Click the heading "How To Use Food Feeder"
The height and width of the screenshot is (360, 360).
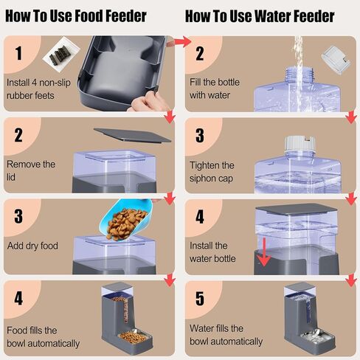pyautogui.click(x=76, y=16)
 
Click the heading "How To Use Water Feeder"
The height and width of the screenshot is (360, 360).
pyautogui.click(x=260, y=16)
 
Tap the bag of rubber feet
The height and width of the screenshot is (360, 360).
pyautogui.click(x=61, y=55)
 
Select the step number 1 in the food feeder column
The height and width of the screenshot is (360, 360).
pyautogui.click(x=18, y=53)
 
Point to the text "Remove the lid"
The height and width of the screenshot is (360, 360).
pyautogui.click(x=31, y=170)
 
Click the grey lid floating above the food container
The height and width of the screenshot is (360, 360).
pyautogui.click(x=132, y=135)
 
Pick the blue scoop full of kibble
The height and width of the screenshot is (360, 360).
pyautogui.click(x=126, y=220)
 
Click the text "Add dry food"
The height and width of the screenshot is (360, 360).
pyautogui.click(x=32, y=246)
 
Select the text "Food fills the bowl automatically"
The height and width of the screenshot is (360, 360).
pyautogui.click(x=44, y=337)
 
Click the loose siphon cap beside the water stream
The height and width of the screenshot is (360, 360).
pyautogui.click(x=336, y=60)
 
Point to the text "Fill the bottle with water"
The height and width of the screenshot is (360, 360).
pyautogui.click(x=215, y=89)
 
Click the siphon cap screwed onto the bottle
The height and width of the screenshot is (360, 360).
pyautogui.click(x=300, y=143)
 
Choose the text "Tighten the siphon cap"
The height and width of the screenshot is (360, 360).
pyautogui.click(x=212, y=172)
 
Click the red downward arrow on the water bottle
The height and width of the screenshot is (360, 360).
pyautogui.click(x=264, y=252)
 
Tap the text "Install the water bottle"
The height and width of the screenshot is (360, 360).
pyautogui.click(x=212, y=252)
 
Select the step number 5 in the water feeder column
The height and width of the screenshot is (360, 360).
pyautogui.click(x=200, y=299)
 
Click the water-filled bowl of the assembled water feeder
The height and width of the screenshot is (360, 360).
pyautogui.click(x=317, y=337)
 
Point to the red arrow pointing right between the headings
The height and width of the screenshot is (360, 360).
pyautogui.click(x=182, y=42)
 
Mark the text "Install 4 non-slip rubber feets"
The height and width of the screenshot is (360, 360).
pyautogui.click(x=38, y=89)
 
